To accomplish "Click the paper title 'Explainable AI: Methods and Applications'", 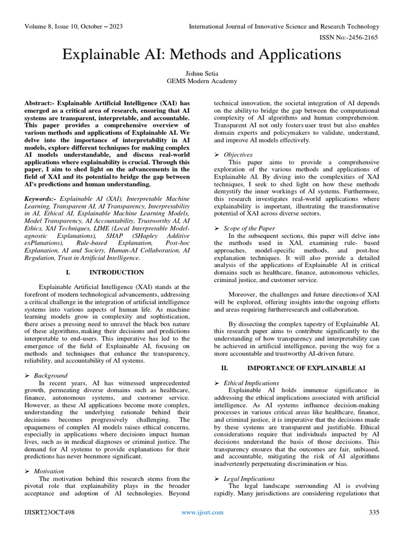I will coord(202,54).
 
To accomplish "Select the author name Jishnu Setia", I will coord(202,73).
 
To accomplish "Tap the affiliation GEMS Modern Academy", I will coord(202,81).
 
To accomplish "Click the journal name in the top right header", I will coord(284,26).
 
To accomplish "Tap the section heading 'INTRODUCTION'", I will coord(117,272).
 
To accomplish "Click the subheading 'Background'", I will coord(50,375).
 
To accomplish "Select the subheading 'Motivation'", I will coord(49,471).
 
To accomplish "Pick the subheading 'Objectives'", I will coord(238,154).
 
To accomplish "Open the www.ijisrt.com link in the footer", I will coord(202,512).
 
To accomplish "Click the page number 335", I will coord(374,512).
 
